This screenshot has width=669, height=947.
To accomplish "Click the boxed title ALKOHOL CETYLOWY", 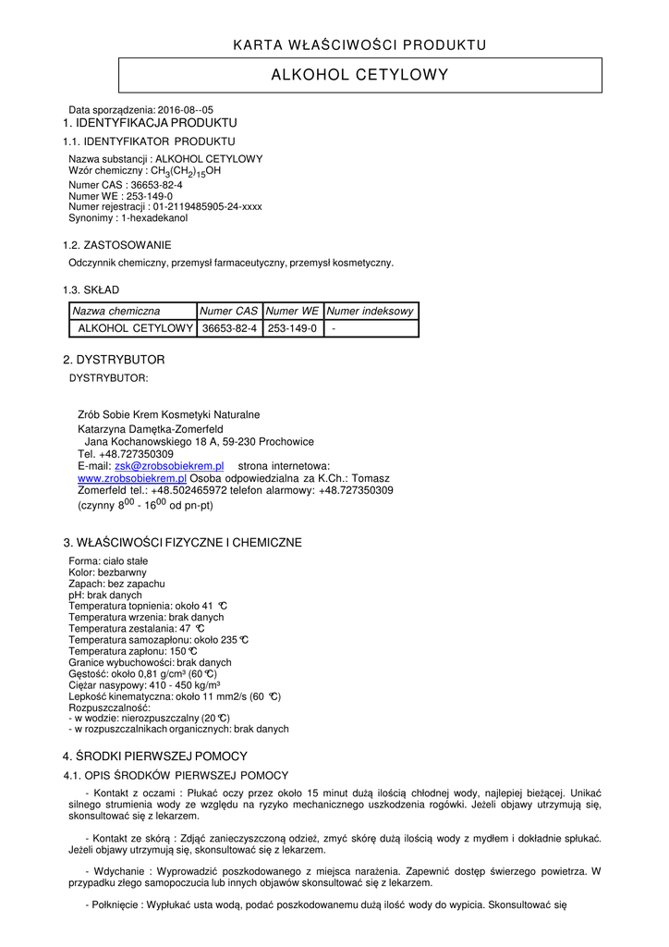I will click(359, 75).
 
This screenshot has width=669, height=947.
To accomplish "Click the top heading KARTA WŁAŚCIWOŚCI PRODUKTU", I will click(359, 44).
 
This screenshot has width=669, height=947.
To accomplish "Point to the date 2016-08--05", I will click(186, 110).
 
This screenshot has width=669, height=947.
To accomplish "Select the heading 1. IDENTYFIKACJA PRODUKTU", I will click(150, 123).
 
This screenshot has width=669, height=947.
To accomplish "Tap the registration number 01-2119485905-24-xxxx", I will click(201, 207).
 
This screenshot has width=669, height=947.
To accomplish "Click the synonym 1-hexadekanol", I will click(152, 218).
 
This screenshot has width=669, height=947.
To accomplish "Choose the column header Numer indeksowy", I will click(371, 312).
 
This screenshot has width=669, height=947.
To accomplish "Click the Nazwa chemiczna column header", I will click(116, 312).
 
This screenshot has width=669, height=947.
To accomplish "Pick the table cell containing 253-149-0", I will click(292, 328).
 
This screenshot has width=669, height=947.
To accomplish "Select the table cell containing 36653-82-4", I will click(229, 328).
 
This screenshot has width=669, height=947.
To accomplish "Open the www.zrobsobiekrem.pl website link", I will click(132, 478).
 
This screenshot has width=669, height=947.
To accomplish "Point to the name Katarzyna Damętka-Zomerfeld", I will click(151, 429).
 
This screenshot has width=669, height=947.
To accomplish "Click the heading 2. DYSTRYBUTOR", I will click(114, 360).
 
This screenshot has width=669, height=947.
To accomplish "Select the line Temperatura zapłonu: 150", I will click(133, 651).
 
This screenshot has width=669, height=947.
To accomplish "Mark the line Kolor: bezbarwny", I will click(103, 572).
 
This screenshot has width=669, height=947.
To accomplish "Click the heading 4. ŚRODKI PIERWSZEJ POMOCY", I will click(155, 756).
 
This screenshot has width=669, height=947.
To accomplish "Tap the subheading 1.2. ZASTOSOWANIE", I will click(116, 245).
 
